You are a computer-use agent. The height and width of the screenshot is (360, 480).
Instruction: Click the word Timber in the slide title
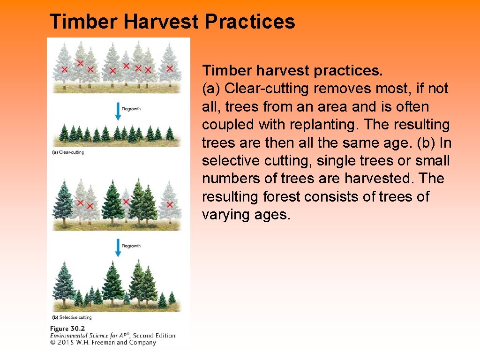pos(83,22)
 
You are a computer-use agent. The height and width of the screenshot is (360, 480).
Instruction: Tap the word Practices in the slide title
pos(250,22)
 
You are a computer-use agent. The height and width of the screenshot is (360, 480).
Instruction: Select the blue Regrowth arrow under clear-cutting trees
pos(118,112)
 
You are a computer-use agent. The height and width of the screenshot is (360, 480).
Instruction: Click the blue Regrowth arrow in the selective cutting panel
pos(118,247)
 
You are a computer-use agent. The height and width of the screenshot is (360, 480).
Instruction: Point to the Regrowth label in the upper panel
pos(131,109)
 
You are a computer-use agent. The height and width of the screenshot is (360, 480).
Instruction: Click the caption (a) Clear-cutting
pos(68,152)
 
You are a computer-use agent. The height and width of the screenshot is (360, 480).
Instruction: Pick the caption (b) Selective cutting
pos(72,317)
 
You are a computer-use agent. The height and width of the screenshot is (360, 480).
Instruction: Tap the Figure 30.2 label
pos(67,329)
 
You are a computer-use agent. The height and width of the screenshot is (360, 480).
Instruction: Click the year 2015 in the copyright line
pos(66,342)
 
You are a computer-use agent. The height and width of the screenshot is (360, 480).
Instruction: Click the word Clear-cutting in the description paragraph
pos(266,89)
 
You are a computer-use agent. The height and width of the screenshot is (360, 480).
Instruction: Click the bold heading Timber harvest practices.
pos(292,71)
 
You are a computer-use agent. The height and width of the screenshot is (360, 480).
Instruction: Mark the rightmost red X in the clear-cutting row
pos(170,68)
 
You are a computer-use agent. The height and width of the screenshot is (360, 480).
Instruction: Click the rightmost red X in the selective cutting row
pos(170,204)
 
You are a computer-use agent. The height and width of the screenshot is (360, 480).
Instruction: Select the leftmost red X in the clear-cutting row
pos(65,69)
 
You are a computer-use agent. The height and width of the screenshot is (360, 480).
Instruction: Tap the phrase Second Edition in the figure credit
pos(154,336)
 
